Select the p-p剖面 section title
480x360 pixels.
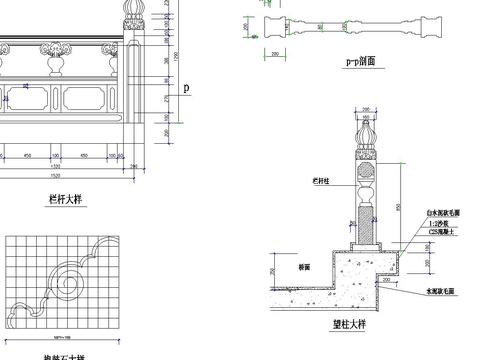tap(360, 61)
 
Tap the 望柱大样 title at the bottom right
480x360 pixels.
tap(351, 326)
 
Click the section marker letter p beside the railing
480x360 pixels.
tap(186, 89)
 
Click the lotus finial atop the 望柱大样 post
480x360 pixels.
tap(365, 131)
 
